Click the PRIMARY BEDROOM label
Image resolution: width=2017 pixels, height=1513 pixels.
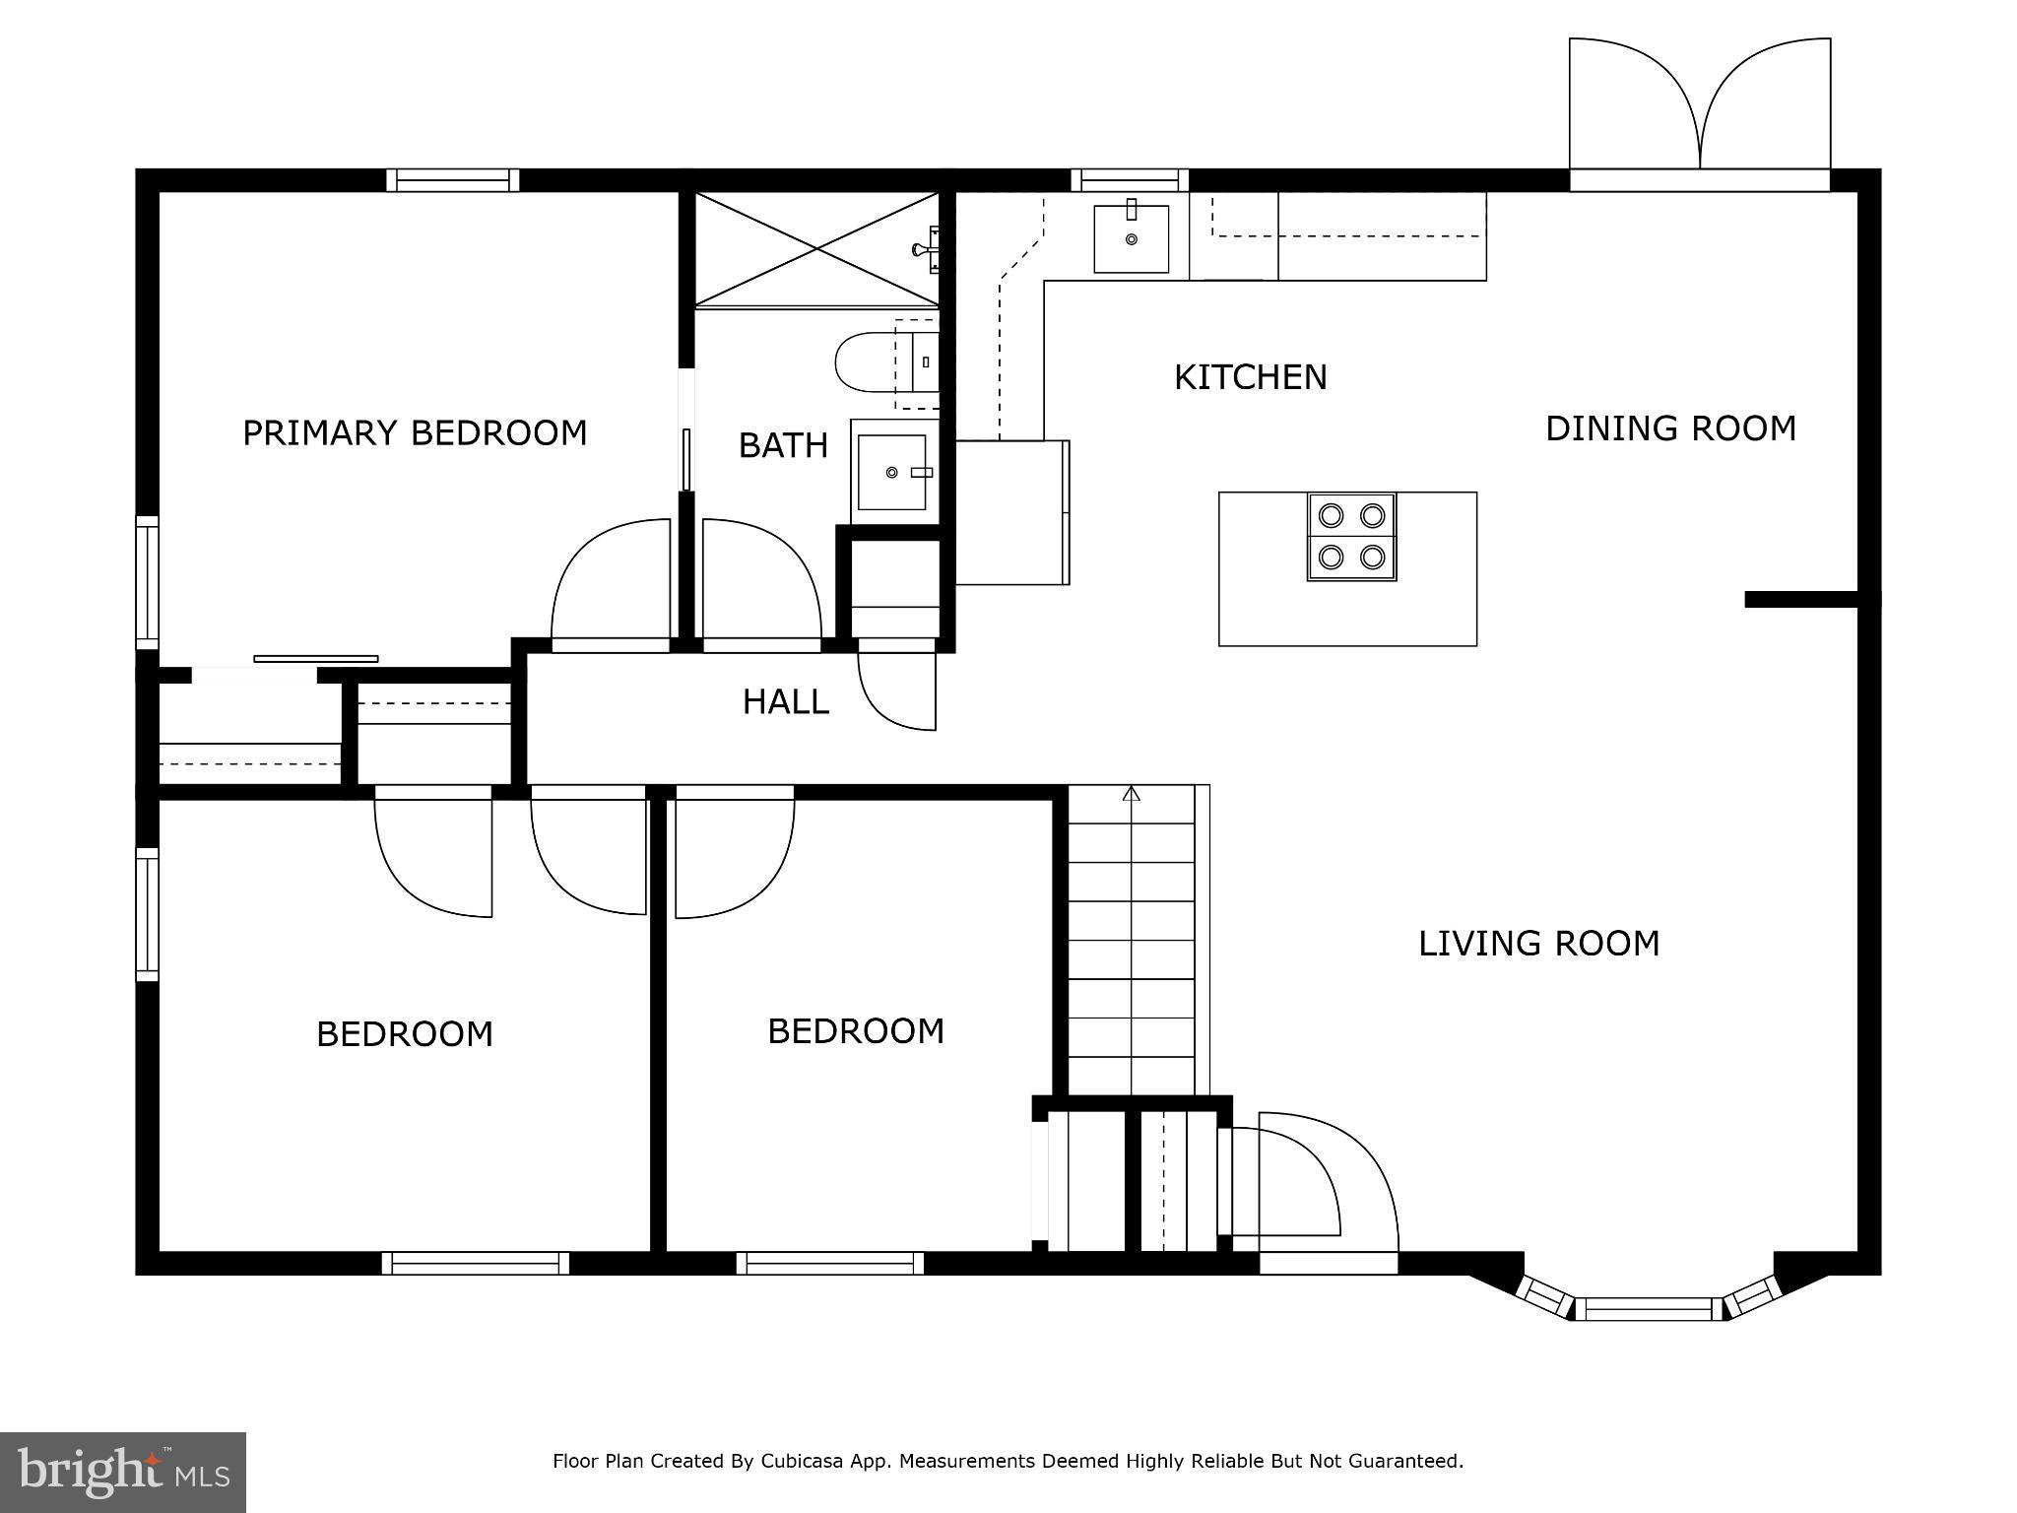coord(415,433)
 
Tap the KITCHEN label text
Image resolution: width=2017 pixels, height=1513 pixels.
coord(1250,377)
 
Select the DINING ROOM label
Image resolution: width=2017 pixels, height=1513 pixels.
coord(1670,428)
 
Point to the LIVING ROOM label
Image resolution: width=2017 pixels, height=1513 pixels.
coord(1538,944)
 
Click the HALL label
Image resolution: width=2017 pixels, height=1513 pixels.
coord(785,702)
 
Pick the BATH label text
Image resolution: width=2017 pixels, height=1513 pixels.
coord(783,446)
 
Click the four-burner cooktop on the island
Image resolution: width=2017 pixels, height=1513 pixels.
coord(1351,537)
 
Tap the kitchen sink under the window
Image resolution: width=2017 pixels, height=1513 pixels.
coord(1131,239)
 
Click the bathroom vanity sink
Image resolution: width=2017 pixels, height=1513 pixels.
coord(892,473)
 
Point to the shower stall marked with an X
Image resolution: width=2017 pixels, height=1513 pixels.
coord(816,249)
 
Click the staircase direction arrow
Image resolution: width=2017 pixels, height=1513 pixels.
coord(1132,794)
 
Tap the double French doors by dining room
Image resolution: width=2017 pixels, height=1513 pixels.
coord(1699,113)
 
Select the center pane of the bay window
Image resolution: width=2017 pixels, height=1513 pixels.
coord(1648,1309)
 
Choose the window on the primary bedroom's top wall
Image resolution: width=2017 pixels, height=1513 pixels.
coord(452,180)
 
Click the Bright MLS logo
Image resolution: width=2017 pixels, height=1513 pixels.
coord(123,1473)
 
